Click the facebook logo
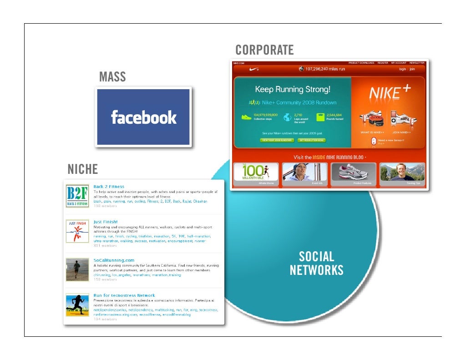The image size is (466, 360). point(143,117)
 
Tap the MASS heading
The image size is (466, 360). point(112,77)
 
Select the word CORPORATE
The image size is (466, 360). point(264,50)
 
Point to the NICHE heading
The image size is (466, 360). point(83,170)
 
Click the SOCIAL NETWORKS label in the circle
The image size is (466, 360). point(316,264)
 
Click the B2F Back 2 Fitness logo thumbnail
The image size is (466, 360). point(77,196)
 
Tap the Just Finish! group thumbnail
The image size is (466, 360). point(77,231)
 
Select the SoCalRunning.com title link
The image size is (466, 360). point(114,260)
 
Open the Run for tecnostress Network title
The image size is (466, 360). point(124,295)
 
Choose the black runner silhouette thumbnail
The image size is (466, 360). point(77,305)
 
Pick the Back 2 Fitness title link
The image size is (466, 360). point(109,187)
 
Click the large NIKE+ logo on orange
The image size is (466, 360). point(389,93)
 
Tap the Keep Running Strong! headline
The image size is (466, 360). point(293,89)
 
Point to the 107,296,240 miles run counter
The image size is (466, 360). point(322,69)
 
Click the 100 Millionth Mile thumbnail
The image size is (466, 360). point(256,173)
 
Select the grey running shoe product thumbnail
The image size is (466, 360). point(354,173)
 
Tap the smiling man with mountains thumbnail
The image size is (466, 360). point(402,173)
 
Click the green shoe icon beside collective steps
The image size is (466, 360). point(246,117)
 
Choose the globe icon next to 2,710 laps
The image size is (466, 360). point(287,117)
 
